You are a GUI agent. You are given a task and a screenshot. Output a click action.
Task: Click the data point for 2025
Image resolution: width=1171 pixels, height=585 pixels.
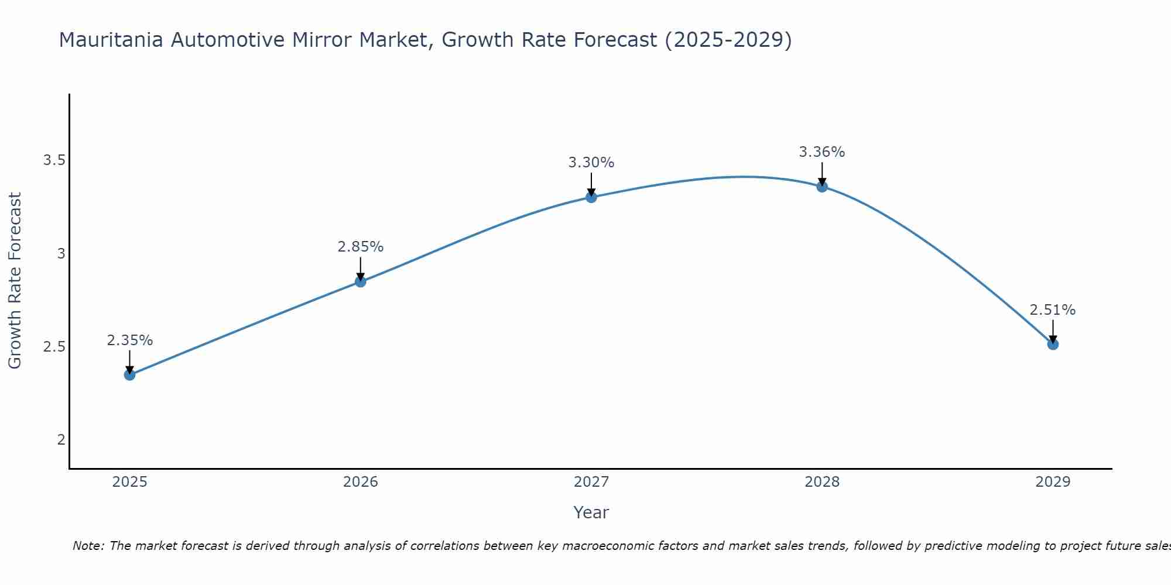129,374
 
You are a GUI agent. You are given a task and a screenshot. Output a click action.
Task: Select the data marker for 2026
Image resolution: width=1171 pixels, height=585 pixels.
360,281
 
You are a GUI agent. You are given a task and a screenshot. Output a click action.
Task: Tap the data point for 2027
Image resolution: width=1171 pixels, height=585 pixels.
591,197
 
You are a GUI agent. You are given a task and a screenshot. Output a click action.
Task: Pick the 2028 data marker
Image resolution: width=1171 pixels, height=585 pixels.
821,187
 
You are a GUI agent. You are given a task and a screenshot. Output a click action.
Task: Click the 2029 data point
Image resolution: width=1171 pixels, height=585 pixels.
1052,344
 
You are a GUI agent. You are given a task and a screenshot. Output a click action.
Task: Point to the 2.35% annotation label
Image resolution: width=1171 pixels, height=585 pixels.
129,340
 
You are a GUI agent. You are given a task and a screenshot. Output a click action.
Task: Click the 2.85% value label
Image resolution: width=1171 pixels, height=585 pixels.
360,247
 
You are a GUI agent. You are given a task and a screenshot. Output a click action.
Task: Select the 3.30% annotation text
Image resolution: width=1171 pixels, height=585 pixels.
591,163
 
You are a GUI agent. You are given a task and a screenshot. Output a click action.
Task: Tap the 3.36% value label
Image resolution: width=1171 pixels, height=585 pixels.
821,152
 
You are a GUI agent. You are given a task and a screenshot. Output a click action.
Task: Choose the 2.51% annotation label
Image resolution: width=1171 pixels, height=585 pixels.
1052,310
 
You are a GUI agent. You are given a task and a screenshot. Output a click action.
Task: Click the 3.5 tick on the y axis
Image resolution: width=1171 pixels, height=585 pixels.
54,160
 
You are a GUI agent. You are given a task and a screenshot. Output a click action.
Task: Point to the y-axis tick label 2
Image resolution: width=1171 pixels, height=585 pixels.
61,439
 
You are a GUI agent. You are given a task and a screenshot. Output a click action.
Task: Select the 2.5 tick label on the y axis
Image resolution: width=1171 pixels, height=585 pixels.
54,346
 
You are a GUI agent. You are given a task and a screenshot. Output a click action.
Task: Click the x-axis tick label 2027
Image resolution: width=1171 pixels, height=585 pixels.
591,482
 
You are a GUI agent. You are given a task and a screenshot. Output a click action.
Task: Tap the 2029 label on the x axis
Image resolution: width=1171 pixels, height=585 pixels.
1052,482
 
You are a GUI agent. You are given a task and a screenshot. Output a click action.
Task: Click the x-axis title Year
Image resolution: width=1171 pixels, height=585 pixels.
591,512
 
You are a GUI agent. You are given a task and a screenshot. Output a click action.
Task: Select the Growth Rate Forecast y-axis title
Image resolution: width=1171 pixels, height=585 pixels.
15,281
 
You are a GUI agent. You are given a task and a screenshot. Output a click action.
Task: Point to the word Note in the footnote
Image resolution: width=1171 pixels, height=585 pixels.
88,546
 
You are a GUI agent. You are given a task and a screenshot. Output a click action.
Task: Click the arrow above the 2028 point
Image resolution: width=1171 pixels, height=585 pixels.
821,173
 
